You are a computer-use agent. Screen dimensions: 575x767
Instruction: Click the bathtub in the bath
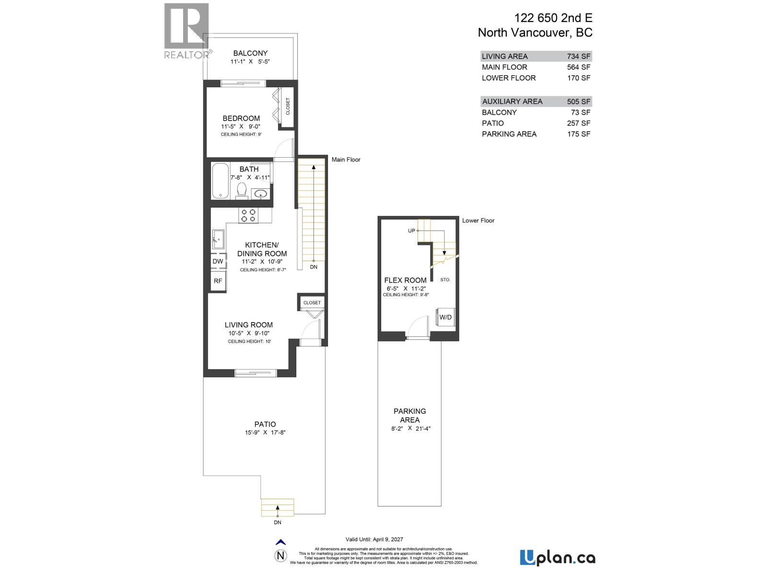221,181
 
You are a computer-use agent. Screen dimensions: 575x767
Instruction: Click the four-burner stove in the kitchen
248,215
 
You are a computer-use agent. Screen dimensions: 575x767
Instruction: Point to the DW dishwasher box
218,261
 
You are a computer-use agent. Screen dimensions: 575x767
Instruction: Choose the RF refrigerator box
218,281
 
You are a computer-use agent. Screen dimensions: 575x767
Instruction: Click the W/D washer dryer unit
445,317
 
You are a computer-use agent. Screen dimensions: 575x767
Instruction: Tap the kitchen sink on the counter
218,238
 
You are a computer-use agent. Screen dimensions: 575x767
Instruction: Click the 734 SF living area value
579,56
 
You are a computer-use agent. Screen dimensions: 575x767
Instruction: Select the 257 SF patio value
579,123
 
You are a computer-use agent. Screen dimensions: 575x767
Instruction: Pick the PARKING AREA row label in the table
509,134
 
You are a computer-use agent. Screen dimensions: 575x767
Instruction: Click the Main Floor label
346,160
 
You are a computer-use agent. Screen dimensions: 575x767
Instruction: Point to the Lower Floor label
478,220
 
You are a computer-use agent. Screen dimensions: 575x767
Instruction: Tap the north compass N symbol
281,556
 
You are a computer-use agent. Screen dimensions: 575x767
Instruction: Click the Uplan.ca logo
558,558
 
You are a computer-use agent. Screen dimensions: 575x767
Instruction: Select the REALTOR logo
187,31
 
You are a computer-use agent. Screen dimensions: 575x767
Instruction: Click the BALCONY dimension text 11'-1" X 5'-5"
250,62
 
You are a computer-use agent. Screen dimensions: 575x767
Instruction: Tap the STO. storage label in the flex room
445,279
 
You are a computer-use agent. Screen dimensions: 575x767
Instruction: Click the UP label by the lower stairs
411,230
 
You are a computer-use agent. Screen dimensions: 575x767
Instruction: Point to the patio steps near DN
278,507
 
